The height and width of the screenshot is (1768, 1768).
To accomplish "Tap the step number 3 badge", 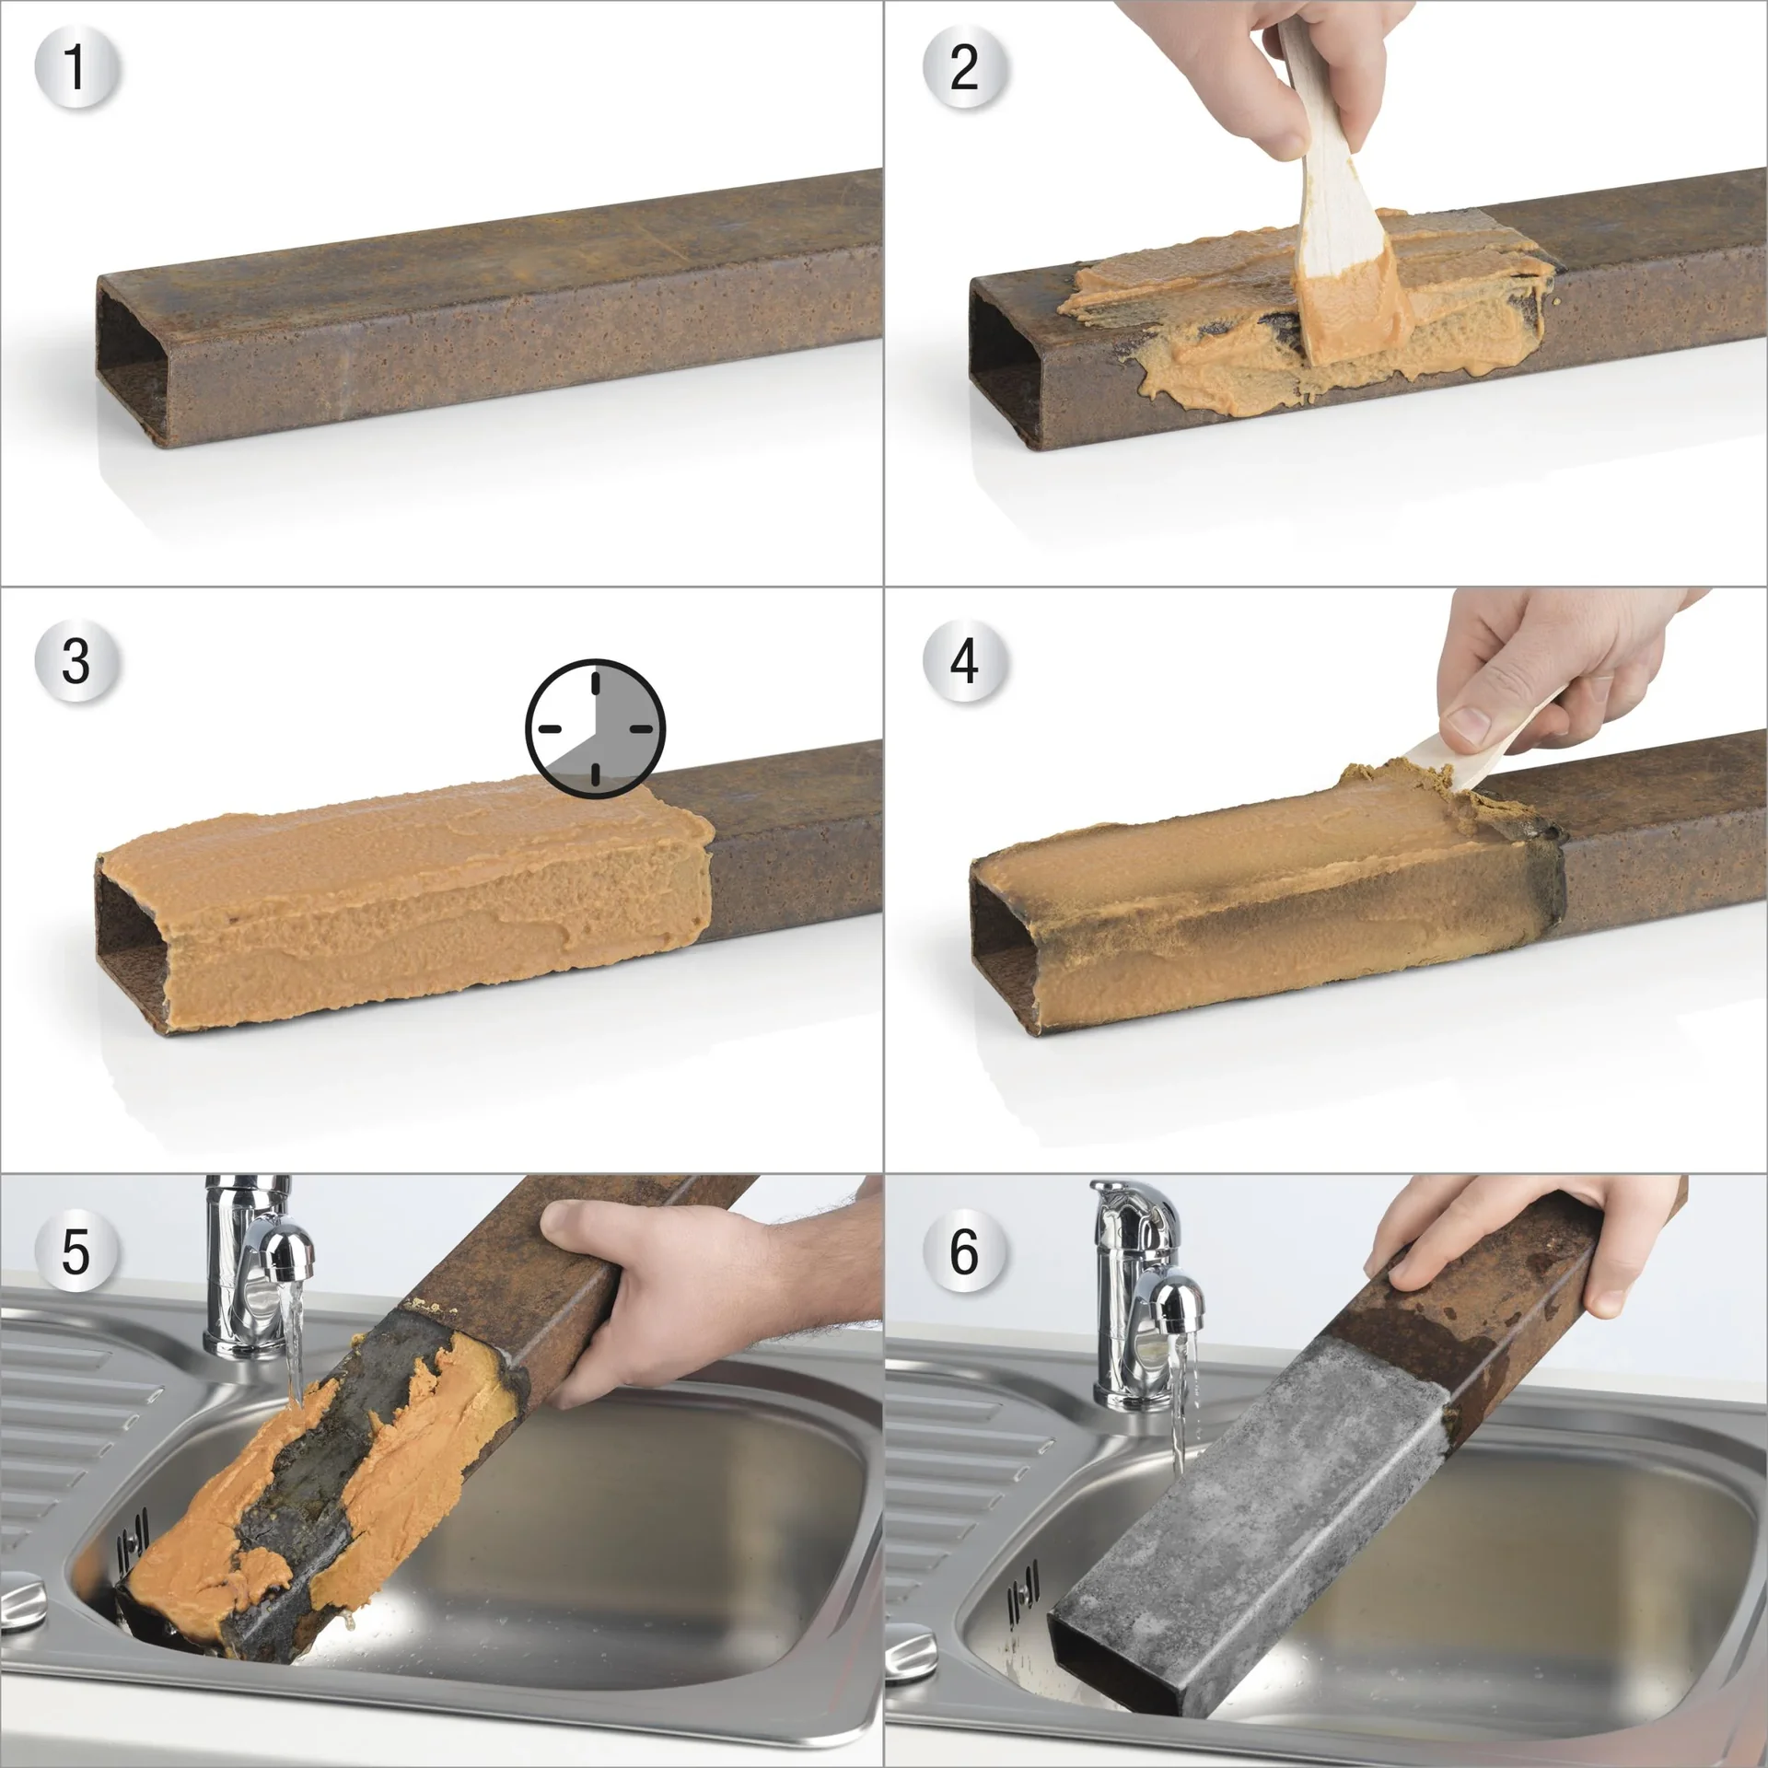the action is point(77,660).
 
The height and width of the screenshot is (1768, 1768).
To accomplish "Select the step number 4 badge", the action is point(964,660).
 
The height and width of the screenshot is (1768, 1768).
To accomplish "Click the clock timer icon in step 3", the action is point(595,727).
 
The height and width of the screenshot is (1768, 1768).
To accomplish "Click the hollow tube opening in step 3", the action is point(132,948).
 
